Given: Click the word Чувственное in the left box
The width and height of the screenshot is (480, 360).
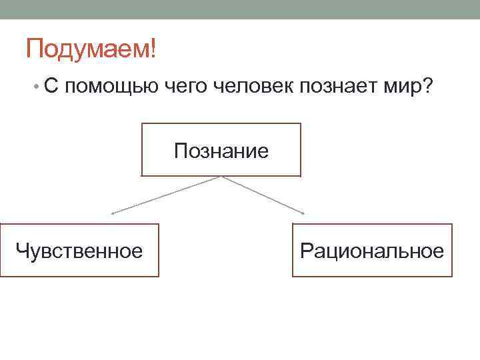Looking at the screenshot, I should pyautogui.click(x=79, y=251).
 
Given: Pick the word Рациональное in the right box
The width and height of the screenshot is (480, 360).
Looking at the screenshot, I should pyautogui.click(x=372, y=251).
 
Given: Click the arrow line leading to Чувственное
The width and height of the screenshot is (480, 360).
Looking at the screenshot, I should pyautogui.click(x=167, y=195).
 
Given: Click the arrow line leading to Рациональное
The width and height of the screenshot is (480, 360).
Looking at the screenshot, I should pyautogui.click(x=263, y=195).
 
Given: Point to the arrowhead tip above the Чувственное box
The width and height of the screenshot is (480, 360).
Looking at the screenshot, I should pyautogui.click(x=112, y=213).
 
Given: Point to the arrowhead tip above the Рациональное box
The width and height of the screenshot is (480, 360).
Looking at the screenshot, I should pyautogui.click(x=303, y=213).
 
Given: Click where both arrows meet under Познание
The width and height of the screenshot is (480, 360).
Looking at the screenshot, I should pyautogui.click(x=221, y=177).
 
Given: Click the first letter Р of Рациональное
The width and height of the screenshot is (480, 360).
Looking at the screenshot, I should pyautogui.click(x=306, y=251).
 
